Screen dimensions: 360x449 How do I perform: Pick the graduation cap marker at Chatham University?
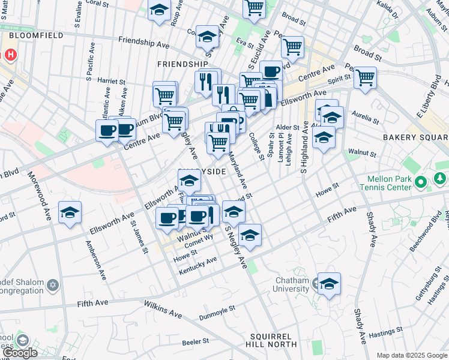(x=329, y=284)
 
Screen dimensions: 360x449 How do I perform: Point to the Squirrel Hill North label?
(x=271, y=340)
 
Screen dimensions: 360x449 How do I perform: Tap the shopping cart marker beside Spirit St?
(x=365, y=77)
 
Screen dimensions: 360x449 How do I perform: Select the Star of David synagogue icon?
(x=53, y=284)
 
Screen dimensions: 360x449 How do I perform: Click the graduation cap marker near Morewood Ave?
(x=70, y=212)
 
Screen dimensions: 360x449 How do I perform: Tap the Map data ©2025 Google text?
(x=412, y=355)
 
